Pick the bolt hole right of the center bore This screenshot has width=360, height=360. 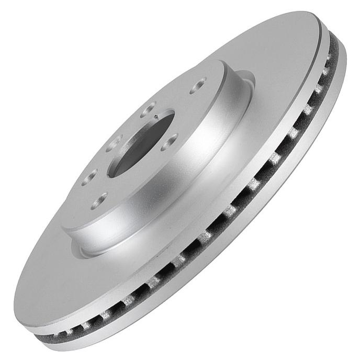click(170, 140)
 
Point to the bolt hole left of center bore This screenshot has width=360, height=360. click(115, 142)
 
